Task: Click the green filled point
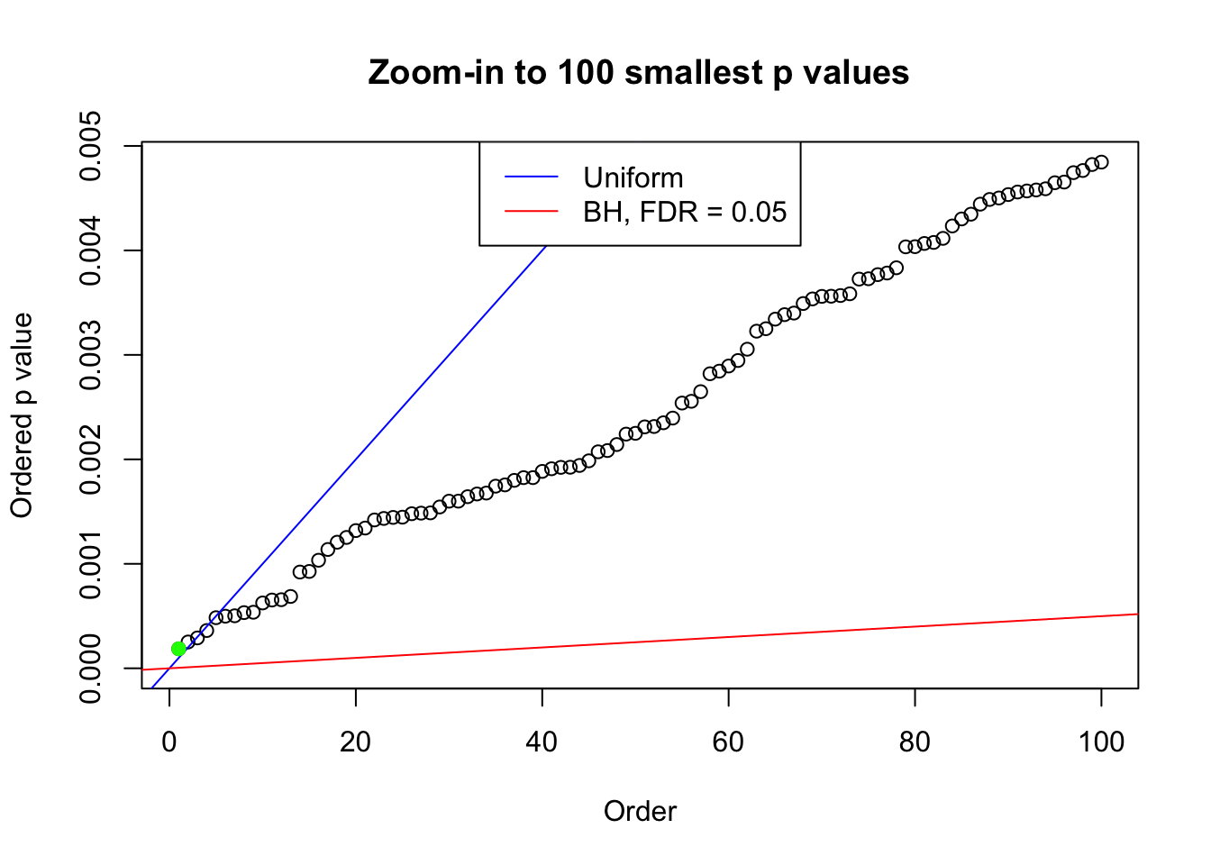pos(178,649)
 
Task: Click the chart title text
pos(639,72)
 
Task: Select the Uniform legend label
pos(633,178)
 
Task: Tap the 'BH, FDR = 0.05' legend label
pos(685,212)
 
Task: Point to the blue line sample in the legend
pos(531,178)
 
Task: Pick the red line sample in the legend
pos(531,212)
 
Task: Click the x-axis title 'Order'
pos(640,811)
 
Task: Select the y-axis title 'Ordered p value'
pos(22,415)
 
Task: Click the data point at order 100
pos(1101,162)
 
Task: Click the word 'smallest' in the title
pos(695,72)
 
